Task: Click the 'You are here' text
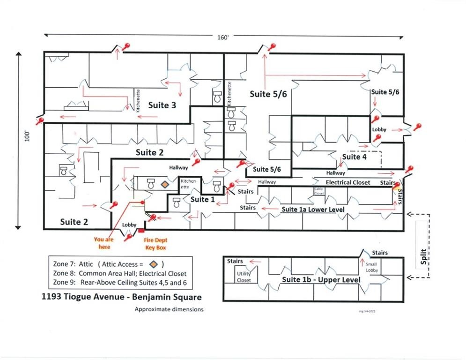tap(104, 242)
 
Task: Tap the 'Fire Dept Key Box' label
tap(155, 244)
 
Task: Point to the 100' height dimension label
tap(29, 135)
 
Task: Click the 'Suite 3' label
tap(162, 105)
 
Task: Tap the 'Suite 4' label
tap(355, 157)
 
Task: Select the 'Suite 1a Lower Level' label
tap(313, 209)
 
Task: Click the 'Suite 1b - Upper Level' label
tap(321, 280)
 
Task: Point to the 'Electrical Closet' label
tap(348, 182)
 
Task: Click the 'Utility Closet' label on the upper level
tap(244, 277)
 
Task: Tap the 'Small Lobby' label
tap(371, 267)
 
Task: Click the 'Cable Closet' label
tap(319, 191)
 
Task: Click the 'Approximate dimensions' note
tap(169, 309)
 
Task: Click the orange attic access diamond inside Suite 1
tap(164, 185)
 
